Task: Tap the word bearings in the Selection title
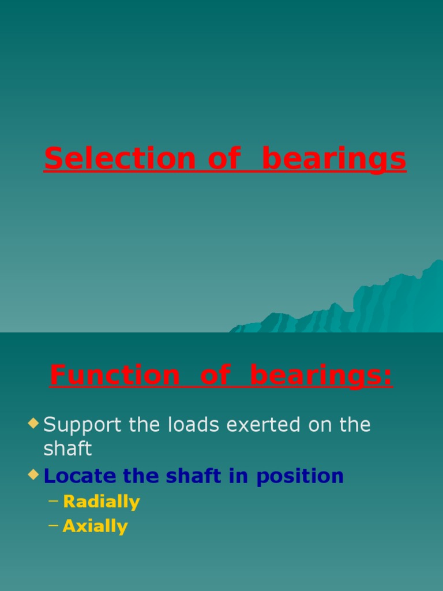[334, 159]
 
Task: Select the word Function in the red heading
[115, 375]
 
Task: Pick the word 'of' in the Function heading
[215, 375]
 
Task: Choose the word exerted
[265, 425]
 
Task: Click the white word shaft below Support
[67, 448]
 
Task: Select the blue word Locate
[79, 476]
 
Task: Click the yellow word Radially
[102, 502]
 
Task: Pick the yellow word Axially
[95, 526]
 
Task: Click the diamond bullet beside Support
[33, 424]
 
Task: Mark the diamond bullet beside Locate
[33, 476]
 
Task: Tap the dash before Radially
[53, 502]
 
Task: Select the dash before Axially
[53, 526]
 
